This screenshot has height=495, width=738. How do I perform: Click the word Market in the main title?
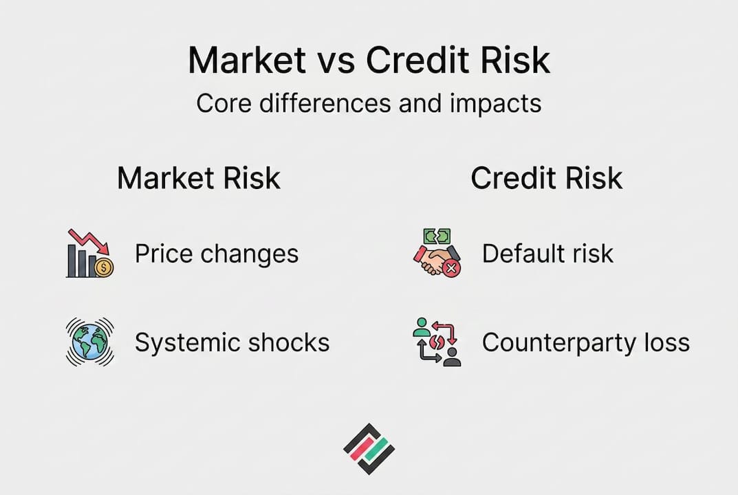pos(247,60)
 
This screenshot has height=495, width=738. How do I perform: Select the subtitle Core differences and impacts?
pos(369,103)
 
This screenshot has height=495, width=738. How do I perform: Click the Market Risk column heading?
pos(199,178)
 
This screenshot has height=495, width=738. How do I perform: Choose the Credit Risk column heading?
pos(546,178)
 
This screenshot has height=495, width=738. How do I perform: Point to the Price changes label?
pos(217,254)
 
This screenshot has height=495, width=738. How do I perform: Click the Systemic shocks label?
pos(232,342)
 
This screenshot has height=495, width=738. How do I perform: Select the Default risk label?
pos(547,254)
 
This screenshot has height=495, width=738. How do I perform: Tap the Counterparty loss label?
pos(586,342)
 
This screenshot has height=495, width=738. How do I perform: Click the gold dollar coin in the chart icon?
pos(104,267)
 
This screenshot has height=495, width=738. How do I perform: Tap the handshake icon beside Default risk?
pos(433,260)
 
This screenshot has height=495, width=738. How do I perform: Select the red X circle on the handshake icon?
pos(451,268)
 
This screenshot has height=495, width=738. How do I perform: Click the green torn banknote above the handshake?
pos(437,236)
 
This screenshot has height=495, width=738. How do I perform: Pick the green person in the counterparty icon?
pos(422,327)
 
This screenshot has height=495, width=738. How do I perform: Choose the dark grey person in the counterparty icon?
pos(453,357)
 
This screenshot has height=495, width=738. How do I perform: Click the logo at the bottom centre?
pos(369,448)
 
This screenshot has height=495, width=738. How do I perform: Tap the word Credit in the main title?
pos(417,60)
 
